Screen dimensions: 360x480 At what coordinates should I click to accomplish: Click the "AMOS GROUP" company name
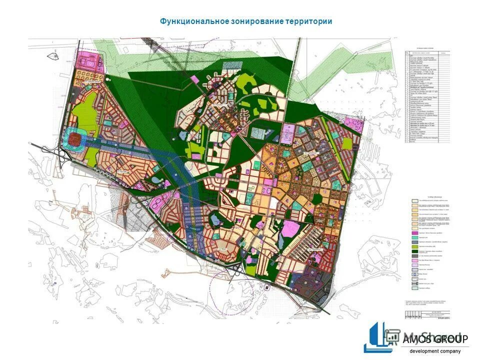click(x=435, y=339)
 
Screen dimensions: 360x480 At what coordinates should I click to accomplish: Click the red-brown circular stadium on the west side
click(x=75, y=137)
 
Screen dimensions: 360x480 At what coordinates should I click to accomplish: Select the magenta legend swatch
click(x=414, y=233)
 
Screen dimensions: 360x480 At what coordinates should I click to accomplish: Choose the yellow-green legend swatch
click(x=414, y=247)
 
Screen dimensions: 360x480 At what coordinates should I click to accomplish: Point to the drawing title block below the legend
click(x=427, y=315)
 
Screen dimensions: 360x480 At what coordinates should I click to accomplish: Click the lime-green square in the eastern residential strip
click(x=346, y=143)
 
